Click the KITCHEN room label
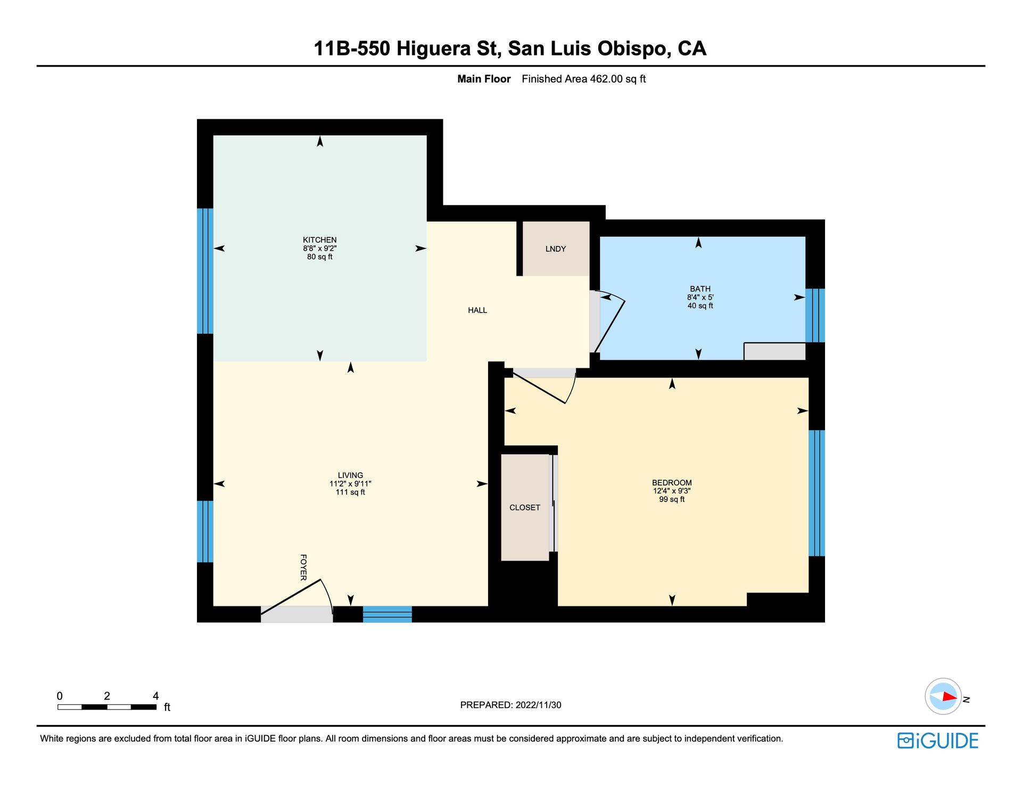point(319,240)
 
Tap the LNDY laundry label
point(556,249)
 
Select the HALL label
point(477,310)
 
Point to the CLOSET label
point(525,508)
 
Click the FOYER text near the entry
point(303,567)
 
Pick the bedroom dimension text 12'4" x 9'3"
point(672,491)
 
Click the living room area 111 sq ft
point(350,492)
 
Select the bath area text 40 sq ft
point(700,306)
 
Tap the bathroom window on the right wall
point(815,315)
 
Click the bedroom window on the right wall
point(817,493)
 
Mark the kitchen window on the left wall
point(205,271)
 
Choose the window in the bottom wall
point(388,614)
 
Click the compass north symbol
point(944,696)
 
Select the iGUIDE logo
point(938,741)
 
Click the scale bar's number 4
point(155,696)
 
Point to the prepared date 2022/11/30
point(538,705)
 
